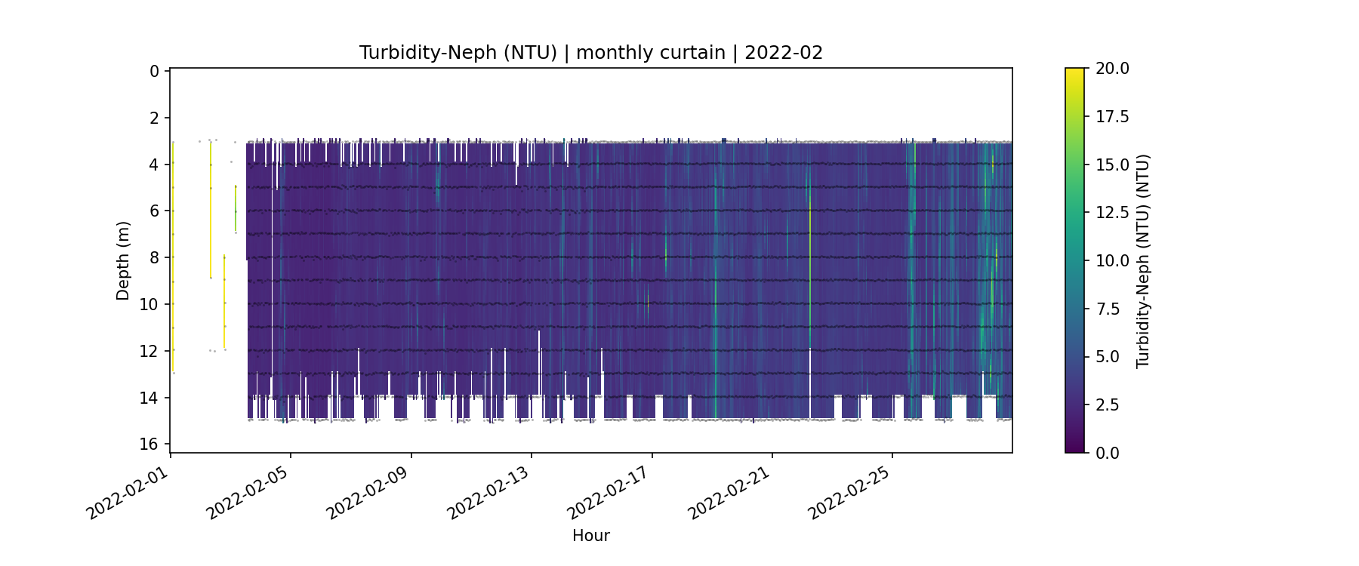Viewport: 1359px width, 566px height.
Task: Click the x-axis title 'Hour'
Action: (590, 536)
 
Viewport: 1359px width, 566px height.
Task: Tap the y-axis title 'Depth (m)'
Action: (123, 260)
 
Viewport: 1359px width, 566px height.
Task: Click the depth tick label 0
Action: (155, 71)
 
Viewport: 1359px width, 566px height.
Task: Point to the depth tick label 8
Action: (155, 257)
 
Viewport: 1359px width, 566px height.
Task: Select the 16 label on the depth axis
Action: (150, 444)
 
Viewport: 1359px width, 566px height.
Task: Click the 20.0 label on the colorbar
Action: (1112, 69)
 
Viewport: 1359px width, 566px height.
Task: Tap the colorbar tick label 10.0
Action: (1112, 260)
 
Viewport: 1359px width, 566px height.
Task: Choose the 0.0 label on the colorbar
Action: (1108, 453)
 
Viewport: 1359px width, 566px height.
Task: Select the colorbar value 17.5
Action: (1112, 116)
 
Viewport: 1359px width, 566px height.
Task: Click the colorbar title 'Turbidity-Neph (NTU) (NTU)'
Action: (1143, 260)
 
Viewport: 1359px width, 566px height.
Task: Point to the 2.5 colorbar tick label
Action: (1108, 405)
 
